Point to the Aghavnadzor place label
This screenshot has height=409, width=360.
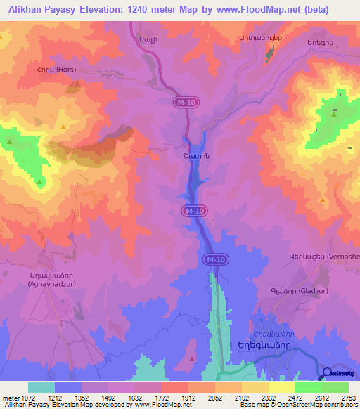pos(46,284)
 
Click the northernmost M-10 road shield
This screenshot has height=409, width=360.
pos(184,103)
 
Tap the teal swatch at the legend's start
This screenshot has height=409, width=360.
pos(41,387)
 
